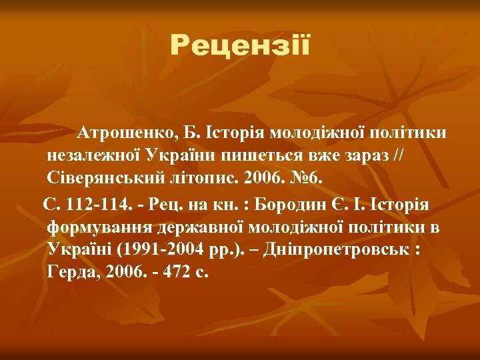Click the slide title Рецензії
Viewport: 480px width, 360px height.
coord(240,45)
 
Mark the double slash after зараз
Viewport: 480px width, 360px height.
coord(399,156)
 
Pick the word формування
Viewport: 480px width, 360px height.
coord(100,226)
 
